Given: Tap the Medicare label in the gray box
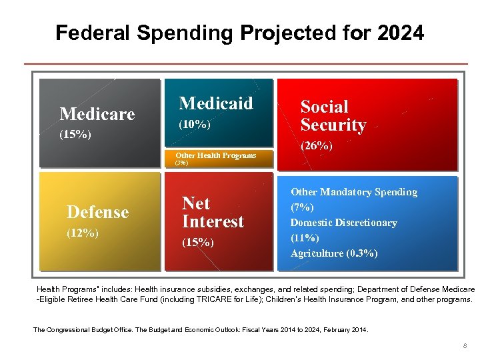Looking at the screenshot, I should coord(97,114).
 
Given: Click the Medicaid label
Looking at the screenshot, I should coord(216,103).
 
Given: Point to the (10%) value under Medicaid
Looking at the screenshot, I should coord(194,125).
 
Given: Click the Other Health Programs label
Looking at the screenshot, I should coord(215,155).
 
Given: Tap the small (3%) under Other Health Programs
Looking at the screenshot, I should coord(181,163).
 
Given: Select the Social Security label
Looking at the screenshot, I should coord(333,116).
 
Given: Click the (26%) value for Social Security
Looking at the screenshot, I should coord(317,145).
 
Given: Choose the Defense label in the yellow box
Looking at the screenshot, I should coord(97,212).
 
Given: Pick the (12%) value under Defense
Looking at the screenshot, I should coord(83,233).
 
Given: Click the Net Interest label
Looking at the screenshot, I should coord(213,212).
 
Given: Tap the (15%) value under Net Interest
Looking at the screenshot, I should coord(198,243).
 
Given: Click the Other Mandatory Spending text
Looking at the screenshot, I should coord(353,192).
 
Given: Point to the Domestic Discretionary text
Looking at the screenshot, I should coord(343,223).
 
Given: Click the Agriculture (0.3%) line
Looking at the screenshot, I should coord(334,253).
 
